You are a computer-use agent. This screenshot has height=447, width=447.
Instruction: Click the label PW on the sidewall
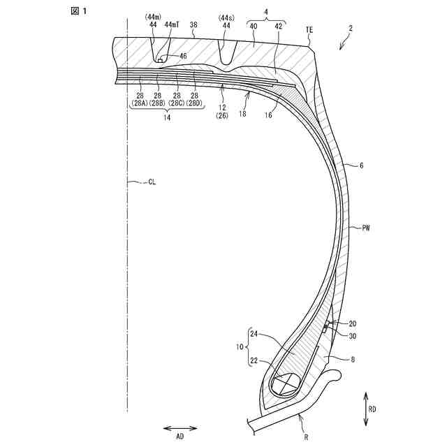pyautogui.click(x=367, y=228)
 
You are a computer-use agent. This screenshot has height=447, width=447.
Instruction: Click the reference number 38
pyautogui.click(x=193, y=24)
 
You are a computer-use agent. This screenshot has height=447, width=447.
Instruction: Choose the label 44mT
pyautogui.click(x=172, y=24)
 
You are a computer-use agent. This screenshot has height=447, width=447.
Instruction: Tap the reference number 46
pyautogui.click(x=182, y=55)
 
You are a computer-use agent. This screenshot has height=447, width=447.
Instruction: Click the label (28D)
pyautogui.click(x=194, y=103)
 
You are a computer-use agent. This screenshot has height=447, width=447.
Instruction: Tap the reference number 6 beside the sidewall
pyautogui.click(x=360, y=166)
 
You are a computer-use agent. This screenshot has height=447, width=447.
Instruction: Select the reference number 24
pyautogui.click(x=256, y=335)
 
